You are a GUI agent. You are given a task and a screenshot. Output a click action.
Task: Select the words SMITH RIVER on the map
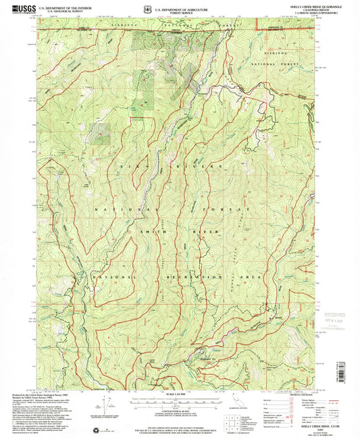pos(168,232)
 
